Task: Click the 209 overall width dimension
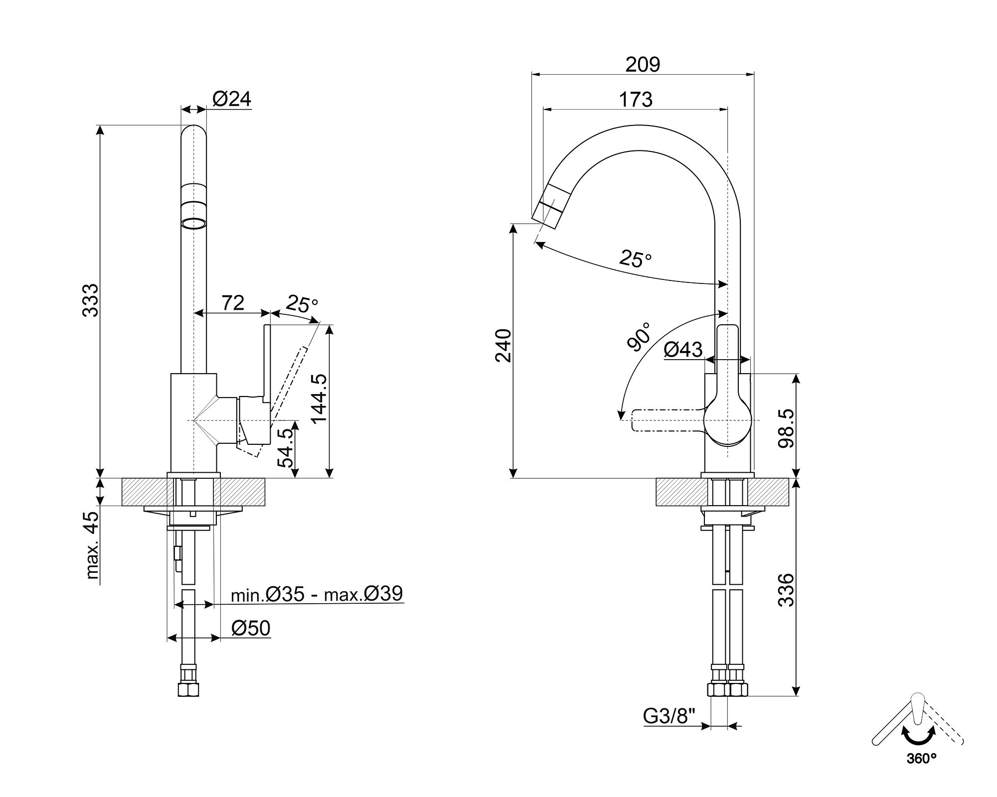[x=643, y=65]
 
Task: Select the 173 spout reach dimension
[x=636, y=100]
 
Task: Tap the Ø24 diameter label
[x=232, y=99]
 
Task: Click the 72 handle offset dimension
[x=233, y=302]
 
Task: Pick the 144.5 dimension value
[x=318, y=398]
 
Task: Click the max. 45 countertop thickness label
[x=92, y=545]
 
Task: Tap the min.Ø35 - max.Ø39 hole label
[x=317, y=594]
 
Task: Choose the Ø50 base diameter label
[x=251, y=629]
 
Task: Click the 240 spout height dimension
[x=503, y=346]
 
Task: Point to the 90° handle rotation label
[x=639, y=337]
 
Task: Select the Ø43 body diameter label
[x=683, y=350]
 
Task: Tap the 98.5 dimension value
[x=786, y=428]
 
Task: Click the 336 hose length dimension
[x=786, y=590]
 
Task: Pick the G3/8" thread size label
[x=669, y=716]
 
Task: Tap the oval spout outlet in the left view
[x=193, y=223]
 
